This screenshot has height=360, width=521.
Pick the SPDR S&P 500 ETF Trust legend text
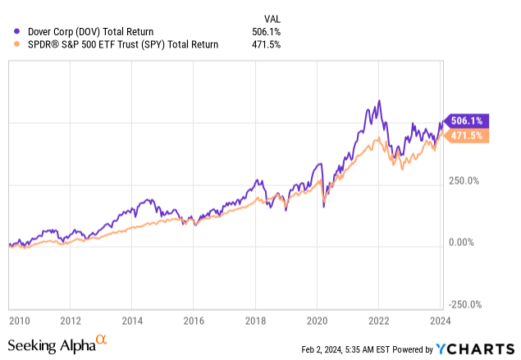(119, 44)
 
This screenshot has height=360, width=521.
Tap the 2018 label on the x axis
(255, 320)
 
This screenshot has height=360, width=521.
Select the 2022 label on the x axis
(378, 320)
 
